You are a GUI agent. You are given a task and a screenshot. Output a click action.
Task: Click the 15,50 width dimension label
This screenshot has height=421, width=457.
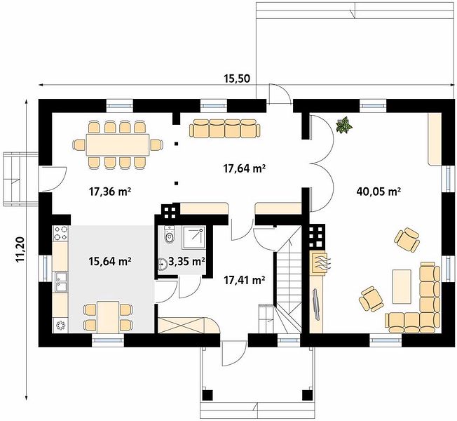pyautogui.click(x=237, y=78)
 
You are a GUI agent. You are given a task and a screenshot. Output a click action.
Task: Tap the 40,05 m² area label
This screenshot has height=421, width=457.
pyautogui.click(x=378, y=192)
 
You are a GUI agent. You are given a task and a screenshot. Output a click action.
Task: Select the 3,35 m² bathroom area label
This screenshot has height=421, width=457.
pyautogui.click(x=186, y=262)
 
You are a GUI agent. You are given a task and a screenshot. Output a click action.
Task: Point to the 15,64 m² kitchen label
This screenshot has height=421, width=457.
pyautogui.click(x=109, y=261)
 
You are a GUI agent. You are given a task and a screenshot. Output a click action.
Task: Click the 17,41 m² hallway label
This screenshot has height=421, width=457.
pyautogui.click(x=244, y=281)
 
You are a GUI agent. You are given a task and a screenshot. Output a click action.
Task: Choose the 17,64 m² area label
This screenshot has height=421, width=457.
pyautogui.click(x=244, y=168)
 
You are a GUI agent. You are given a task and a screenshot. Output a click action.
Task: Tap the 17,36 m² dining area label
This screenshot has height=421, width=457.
pyautogui.click(x=109, y=192)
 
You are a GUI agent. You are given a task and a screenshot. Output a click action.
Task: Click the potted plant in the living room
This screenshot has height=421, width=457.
pyautogui.click(x=344, y=126)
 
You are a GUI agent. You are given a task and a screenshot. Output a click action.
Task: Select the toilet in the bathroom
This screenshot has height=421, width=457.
pyautogui.click(x=169, y=234)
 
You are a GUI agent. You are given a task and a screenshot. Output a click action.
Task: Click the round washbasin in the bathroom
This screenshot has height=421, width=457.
pyautogui.click(x=163, y=265)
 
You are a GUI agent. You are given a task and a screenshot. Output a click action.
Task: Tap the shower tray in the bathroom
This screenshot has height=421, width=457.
pyautogui.click(x=194, y=237)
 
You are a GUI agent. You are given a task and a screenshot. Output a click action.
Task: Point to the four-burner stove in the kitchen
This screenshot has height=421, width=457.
pyautogui.click(x=60, y=233)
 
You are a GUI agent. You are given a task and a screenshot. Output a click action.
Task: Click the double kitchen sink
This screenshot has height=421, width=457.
pyautogui.click(x=60, y=282)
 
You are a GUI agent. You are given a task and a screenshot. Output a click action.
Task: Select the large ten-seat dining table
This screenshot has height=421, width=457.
pyautogui.click(x=118, y=145)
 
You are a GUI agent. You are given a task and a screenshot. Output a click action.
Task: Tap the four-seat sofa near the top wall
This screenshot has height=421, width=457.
pyautogui.click(x=224, y=128)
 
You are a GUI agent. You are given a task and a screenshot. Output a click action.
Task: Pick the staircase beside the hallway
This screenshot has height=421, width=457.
pyautogui.click(x=288, y=280)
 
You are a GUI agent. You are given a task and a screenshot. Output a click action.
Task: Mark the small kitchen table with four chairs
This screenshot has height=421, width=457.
pyautogui.click(x=108, y=317)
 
